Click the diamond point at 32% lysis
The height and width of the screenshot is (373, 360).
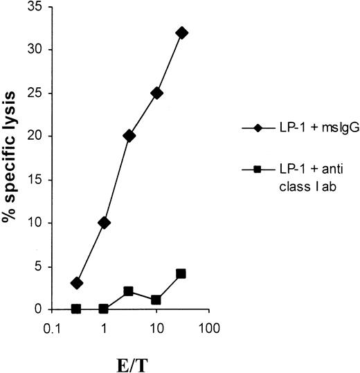point(182,33)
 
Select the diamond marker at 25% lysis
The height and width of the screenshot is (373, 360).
point(156,93)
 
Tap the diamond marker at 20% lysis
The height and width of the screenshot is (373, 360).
point(129,136)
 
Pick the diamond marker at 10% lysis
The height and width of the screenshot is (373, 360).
point(104,223)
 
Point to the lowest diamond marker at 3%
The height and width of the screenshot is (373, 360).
point(77,283)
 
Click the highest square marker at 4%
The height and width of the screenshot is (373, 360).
point(181,274)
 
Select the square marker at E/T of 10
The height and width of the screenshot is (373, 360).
point(156,300)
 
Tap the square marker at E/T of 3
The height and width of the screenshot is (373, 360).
point(129,291)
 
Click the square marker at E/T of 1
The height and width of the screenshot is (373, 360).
point(104,309)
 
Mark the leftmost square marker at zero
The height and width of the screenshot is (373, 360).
point(77,309)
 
